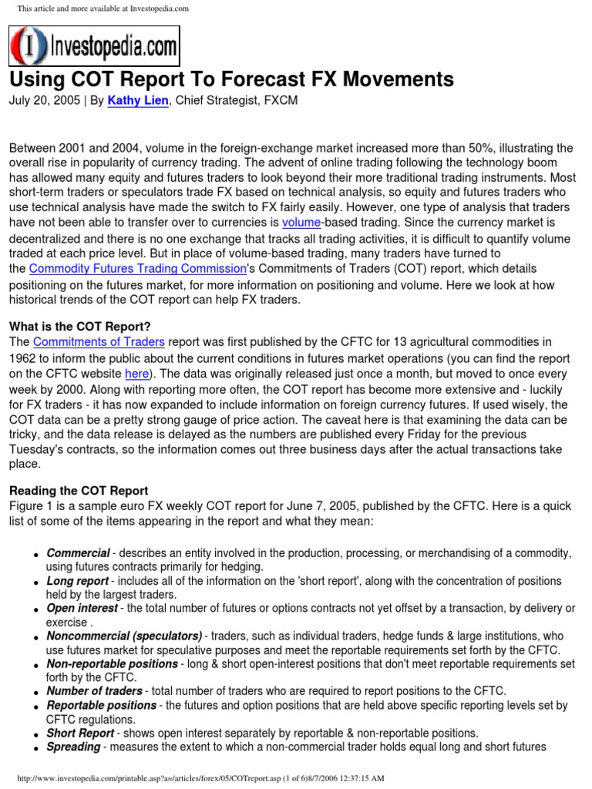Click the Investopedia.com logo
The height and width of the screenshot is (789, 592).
pos(93,45)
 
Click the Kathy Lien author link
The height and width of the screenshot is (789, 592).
pos(138,101)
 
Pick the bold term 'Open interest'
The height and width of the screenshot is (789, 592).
pos(82,608)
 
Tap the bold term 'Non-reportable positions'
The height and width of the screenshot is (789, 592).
pos(112,663)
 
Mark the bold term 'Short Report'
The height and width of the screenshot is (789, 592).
pos(80,733)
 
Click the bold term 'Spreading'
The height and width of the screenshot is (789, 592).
pos(73,747)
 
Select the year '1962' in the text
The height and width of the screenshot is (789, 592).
pos(23,358)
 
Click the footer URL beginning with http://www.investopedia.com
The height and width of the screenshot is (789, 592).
pos(154,778)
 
